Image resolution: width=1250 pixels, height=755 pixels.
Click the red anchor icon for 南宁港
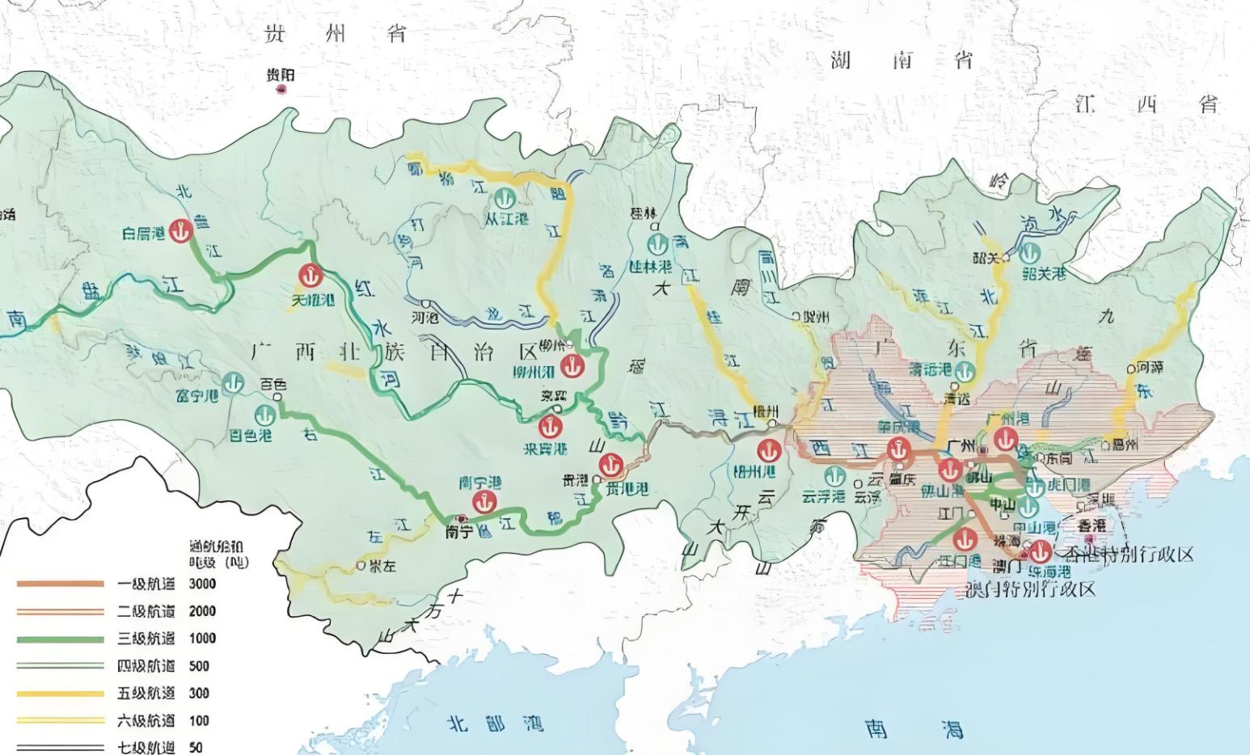tap(484, 502)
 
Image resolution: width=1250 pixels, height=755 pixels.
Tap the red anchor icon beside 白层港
tap(183, 230)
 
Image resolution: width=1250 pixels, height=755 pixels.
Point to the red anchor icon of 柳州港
tap(573, 366)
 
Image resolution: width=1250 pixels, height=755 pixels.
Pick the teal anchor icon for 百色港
tap(264, 415)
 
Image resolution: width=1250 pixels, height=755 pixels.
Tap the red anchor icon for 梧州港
tap(766, 450)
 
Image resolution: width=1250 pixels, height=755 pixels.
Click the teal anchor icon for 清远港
tap(962, 371)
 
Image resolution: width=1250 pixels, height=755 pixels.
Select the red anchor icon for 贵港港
tap(610, 465)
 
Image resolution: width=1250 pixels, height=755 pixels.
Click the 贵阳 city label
tap(281, 75)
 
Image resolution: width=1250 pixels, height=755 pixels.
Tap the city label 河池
tap(424, 317)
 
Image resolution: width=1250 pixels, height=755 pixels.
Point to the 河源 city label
tap(1150, 368)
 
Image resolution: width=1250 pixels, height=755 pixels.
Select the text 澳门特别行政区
tap(1031, 588)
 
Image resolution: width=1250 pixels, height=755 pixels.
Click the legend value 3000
tap(202, 584)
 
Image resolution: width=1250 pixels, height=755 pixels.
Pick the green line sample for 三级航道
tap(61, 639)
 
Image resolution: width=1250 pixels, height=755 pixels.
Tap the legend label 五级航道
tap(146, 693)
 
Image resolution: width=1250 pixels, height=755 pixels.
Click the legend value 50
tap(196, 748)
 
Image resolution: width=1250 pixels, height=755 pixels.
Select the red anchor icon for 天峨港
tap(310, 276)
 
